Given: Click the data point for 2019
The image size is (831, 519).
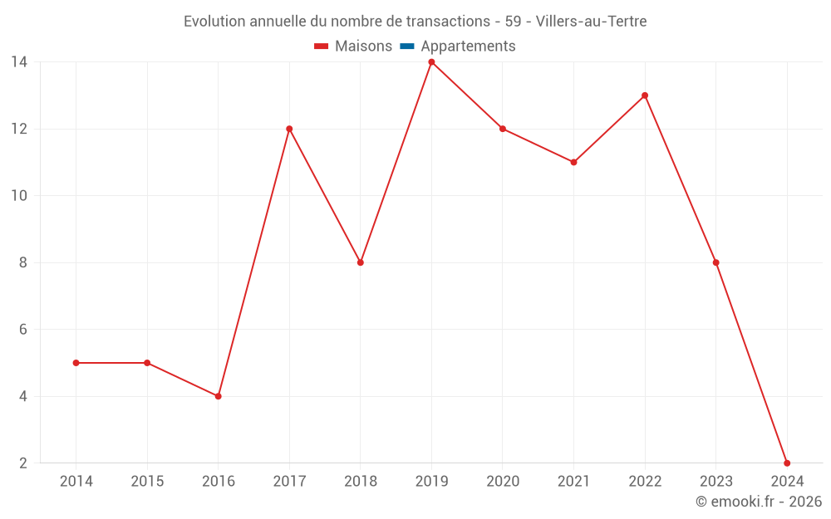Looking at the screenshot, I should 431,62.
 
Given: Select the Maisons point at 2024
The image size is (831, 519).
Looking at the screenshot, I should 787,463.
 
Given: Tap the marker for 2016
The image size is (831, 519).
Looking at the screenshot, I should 218,396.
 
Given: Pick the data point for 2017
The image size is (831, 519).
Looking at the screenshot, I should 289,129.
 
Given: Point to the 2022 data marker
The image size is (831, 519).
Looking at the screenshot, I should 645,95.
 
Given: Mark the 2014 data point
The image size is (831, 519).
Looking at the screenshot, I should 76,363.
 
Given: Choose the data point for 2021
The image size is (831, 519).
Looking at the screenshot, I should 573,162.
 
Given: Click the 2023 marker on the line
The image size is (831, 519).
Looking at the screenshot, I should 715,262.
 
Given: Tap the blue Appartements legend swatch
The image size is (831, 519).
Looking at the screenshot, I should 407,47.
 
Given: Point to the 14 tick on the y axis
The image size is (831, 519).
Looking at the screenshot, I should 19,62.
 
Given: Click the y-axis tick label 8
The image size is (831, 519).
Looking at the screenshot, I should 23,262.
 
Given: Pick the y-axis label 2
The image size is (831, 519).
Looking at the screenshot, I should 23,463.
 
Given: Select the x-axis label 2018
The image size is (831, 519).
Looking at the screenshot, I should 361,482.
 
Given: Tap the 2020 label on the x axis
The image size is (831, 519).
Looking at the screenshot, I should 503,482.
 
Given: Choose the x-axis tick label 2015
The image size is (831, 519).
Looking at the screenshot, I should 147,482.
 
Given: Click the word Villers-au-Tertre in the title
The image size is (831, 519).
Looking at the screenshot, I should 592,22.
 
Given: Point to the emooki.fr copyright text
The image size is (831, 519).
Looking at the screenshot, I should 759,502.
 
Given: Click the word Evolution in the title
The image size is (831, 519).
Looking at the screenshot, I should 214,22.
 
